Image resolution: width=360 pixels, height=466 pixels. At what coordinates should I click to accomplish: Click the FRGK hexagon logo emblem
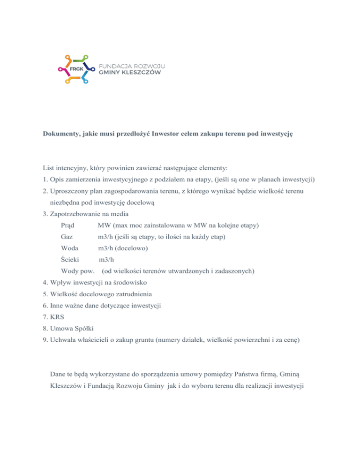coord(76,69)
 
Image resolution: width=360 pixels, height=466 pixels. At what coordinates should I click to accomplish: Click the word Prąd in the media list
coord(68,225)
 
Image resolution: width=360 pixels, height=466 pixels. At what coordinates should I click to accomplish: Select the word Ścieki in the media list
coord(70,259)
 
